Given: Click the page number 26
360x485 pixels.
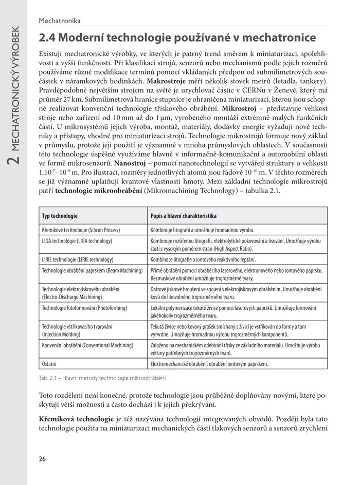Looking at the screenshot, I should [x=43, y=459].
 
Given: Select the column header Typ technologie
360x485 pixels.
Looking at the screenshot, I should [x=60, y=216].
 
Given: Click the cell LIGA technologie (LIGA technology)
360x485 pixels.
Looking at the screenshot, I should [x=77, y=240].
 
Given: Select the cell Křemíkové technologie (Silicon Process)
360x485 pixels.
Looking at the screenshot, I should [x=81, y=230].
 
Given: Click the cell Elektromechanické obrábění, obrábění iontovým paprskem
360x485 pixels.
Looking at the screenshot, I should [x=209, y=364].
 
